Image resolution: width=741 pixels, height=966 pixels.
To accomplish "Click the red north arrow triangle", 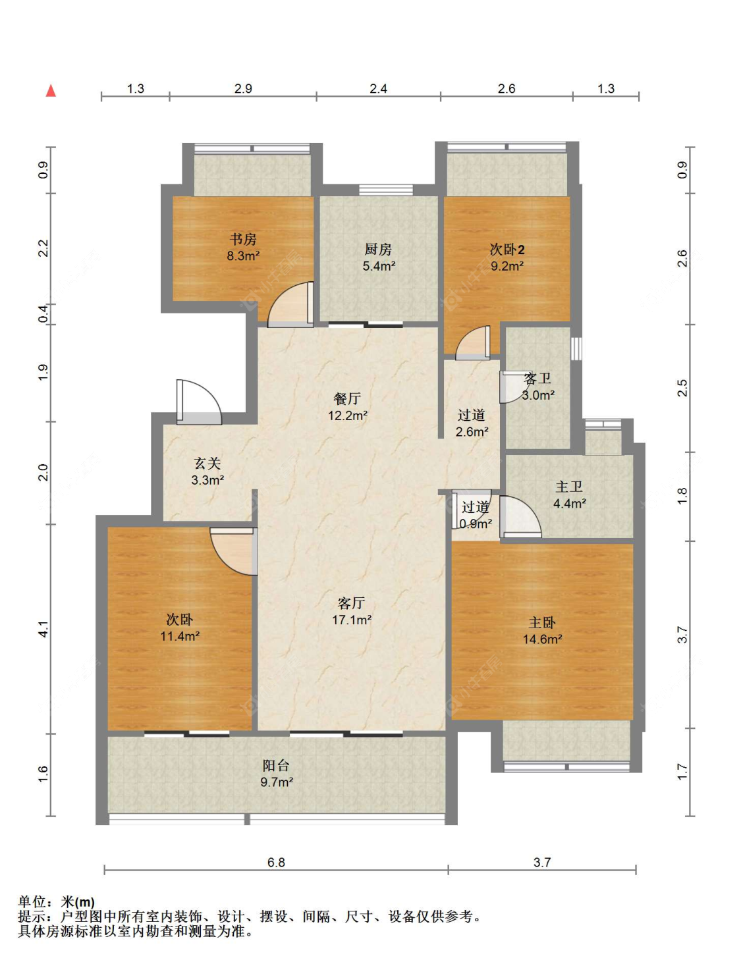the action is [x=51, y=91].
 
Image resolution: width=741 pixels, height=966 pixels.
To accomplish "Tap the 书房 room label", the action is [x=242, y=240].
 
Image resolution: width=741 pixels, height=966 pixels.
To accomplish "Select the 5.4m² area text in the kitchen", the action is [x=379, y=266].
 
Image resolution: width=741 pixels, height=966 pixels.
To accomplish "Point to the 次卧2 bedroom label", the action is [x=507, y=250].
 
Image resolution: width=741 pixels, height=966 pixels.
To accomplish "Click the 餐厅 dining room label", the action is [x=347, y=399].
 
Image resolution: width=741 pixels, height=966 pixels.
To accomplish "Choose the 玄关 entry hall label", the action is [x=207, y=464].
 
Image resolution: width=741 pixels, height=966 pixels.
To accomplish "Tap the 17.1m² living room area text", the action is [x=352, y=619].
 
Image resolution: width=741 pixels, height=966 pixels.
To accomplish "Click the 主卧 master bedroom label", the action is [x=542, y=622].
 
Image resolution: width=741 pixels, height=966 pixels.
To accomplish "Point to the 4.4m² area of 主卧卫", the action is [x=570, y=503].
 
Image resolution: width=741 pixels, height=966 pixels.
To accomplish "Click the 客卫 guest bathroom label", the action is [x=537, y=379].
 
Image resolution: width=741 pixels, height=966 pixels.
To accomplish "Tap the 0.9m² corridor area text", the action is [x=475, y=523].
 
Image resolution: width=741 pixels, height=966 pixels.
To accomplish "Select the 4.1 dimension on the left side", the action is [x=43, y=629].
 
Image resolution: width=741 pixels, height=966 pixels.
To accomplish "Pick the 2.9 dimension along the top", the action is [x=243, y=88].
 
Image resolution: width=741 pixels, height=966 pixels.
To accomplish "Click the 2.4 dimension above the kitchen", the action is [x=378, y=88].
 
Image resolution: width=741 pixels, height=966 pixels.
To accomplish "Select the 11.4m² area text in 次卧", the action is [x=180, y=635].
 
